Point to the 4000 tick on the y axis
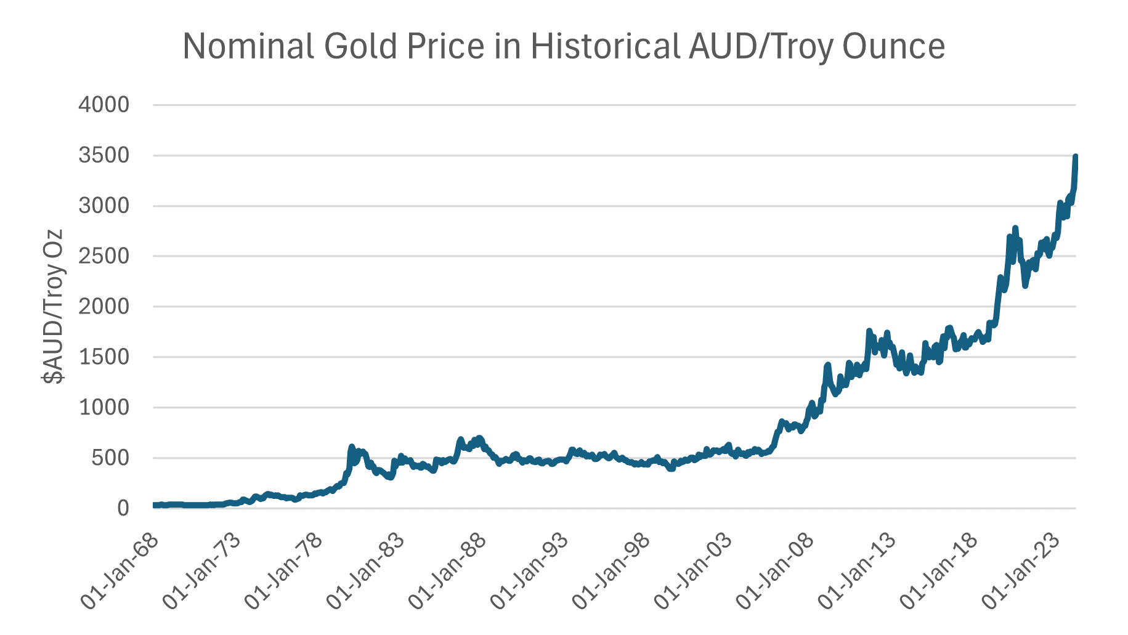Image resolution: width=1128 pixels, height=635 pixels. pyautogui.click(x=104, y=105)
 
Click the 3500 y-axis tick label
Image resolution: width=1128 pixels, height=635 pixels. pyautogui.click(x=104, y=155)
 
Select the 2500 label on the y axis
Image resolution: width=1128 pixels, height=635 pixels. pyautogui.click(x=104, y=256)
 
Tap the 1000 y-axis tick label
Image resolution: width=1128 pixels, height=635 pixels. pyautogui.click(x=104, y=407)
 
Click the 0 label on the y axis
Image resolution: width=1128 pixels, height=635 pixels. pyautogui.click(x=123, y=508)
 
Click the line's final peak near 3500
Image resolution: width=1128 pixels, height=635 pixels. pyautogui.click(x=1076, y=157)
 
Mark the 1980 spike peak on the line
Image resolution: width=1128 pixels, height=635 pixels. pyautogui.click(x=352, y=447)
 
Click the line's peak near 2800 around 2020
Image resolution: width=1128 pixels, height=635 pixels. pyautogui.click(x=1015, y=228)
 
